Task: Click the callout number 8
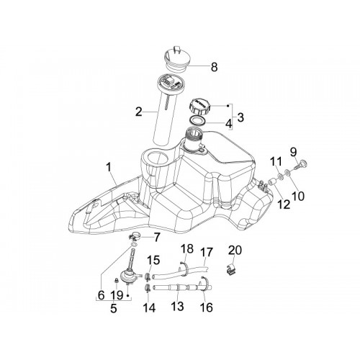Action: (215, 67)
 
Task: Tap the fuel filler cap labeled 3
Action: (201, 107)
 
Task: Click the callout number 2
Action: (139, 112)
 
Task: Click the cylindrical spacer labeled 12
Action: (271, 183)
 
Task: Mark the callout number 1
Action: (109, 167)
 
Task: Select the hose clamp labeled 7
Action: (135, 237)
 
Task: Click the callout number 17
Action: (207, 253)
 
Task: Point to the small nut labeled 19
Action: (116, 280)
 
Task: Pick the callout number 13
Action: (178, 306)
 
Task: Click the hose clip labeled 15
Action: (148, 276)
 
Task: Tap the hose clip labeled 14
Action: (148, 287)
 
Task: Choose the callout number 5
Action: (114, 309)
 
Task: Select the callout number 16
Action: (207, 307)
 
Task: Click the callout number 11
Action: (277, 161)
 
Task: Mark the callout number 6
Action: (102, 295)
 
